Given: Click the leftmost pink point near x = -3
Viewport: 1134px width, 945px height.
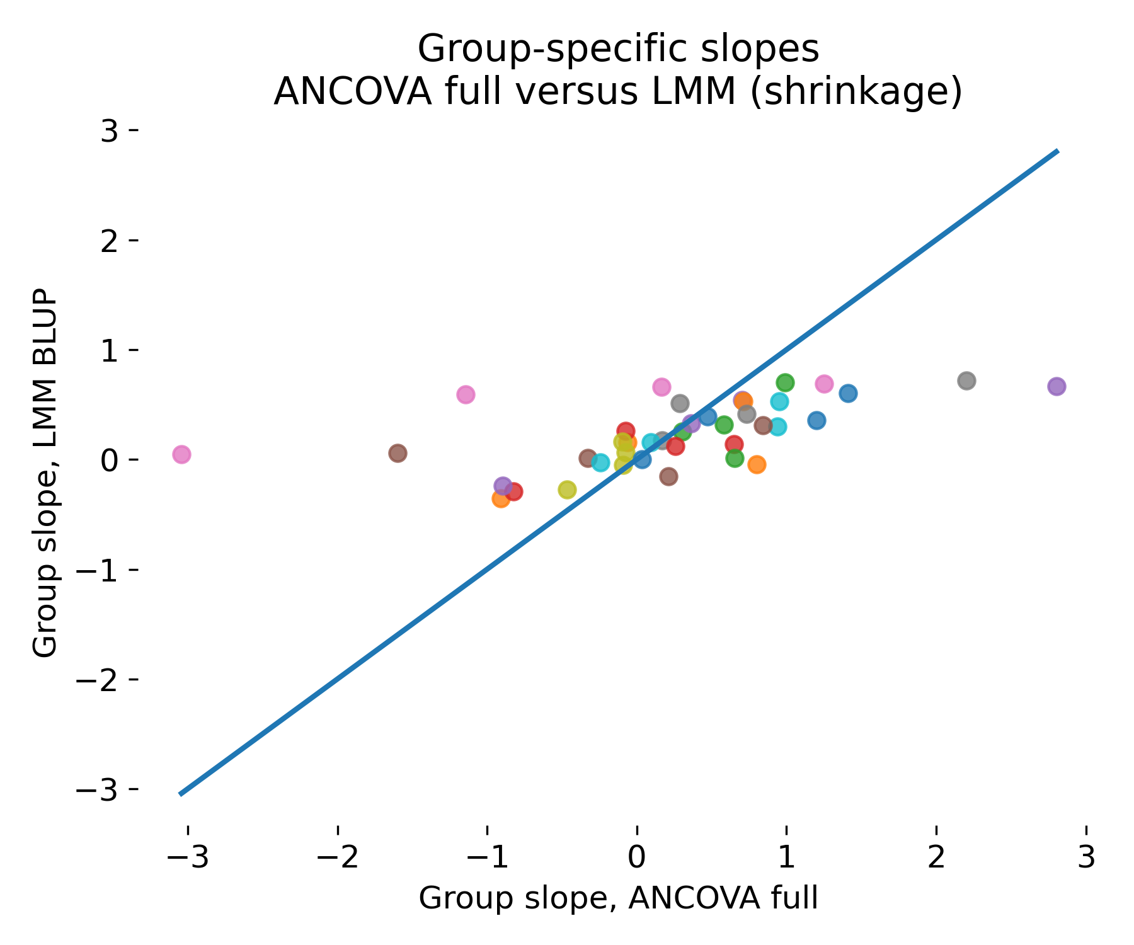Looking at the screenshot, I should coord(181,454).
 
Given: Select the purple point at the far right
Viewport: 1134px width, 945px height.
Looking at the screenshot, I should coord(1057,386).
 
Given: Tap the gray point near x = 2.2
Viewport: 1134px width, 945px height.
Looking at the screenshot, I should coord(966,381).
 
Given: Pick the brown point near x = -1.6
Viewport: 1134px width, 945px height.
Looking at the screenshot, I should coord(398,453).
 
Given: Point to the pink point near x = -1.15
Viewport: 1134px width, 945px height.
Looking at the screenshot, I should coord(466,395).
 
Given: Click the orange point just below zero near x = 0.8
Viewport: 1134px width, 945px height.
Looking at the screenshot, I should coord(757,464).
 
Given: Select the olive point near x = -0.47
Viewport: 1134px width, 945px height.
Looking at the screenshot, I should coord(567,490).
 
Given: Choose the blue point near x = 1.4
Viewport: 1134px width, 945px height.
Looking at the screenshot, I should coord(848,393).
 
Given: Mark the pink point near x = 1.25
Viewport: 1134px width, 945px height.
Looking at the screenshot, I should coord(824,384).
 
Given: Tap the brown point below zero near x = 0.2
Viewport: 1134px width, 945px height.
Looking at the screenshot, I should coord(668,476).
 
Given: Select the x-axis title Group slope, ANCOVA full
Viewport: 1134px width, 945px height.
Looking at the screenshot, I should coord(618,898).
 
